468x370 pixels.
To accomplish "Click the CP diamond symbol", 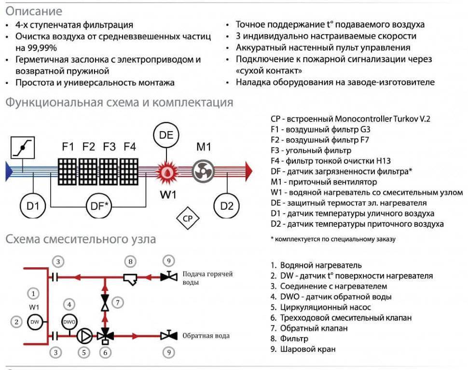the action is point(187,219).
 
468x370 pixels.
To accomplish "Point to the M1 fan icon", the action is point(203,171).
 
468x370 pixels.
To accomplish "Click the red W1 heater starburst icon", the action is point(167,172).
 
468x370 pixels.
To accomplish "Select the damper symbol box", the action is point(23,148).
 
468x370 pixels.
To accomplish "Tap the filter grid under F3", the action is point(109,172).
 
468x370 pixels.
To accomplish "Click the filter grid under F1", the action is point(67,172).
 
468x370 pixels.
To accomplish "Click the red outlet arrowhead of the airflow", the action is point(248,171).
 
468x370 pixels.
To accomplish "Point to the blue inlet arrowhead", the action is point(9,171).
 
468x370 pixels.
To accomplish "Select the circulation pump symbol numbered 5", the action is point(84,336).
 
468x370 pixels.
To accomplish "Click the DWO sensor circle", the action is point(69,322).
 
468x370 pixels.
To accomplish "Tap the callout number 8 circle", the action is point(130,261).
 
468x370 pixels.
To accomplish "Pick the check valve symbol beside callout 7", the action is point(105,302).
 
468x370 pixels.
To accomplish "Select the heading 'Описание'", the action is point(34,12).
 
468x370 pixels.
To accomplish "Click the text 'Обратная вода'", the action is point(206,336).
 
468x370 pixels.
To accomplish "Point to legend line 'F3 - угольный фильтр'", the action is point(311,151).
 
